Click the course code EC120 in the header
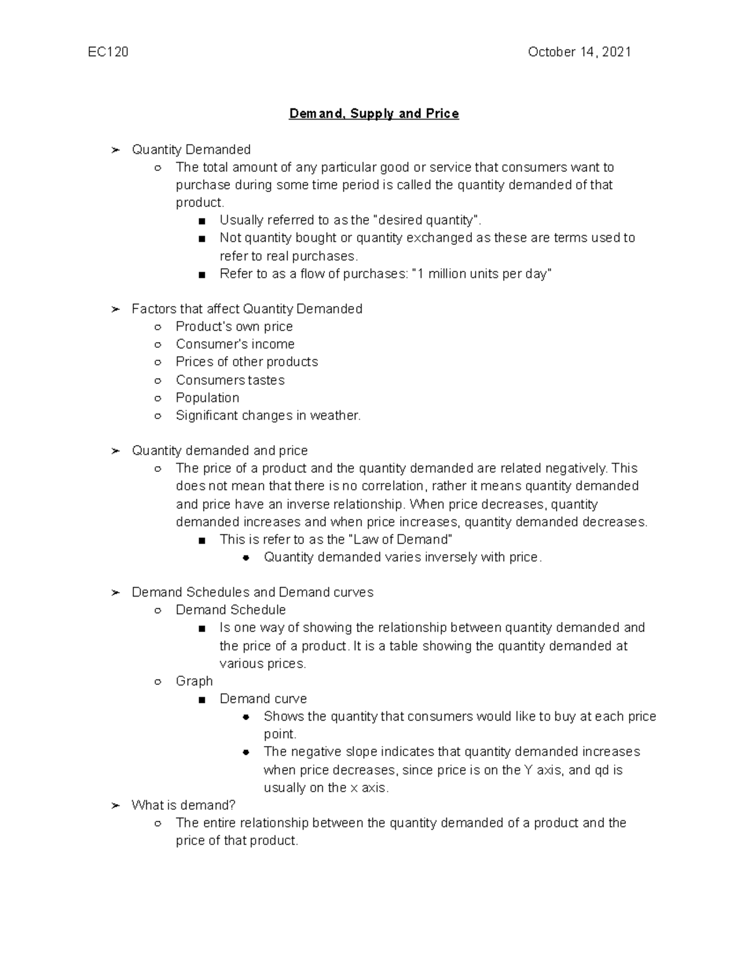[108, 52]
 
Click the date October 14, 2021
[579, 52]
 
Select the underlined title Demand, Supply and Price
[374, 113]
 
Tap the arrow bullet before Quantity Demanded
[115, 150]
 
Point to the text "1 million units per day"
[482, 274]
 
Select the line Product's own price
[234, 327]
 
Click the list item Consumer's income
[235, 344]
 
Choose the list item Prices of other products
[246, 362]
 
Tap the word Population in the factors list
[207, 398]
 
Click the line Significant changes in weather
[268, 415]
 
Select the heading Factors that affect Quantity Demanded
[247, 309]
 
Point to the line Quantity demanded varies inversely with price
[403, 557]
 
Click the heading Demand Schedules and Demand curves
[252, 592]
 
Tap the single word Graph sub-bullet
[194, 681]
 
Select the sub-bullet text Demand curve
[263, 699]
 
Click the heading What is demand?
[183, 805]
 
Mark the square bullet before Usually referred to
[201, 221]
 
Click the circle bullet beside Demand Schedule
[158, 611]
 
